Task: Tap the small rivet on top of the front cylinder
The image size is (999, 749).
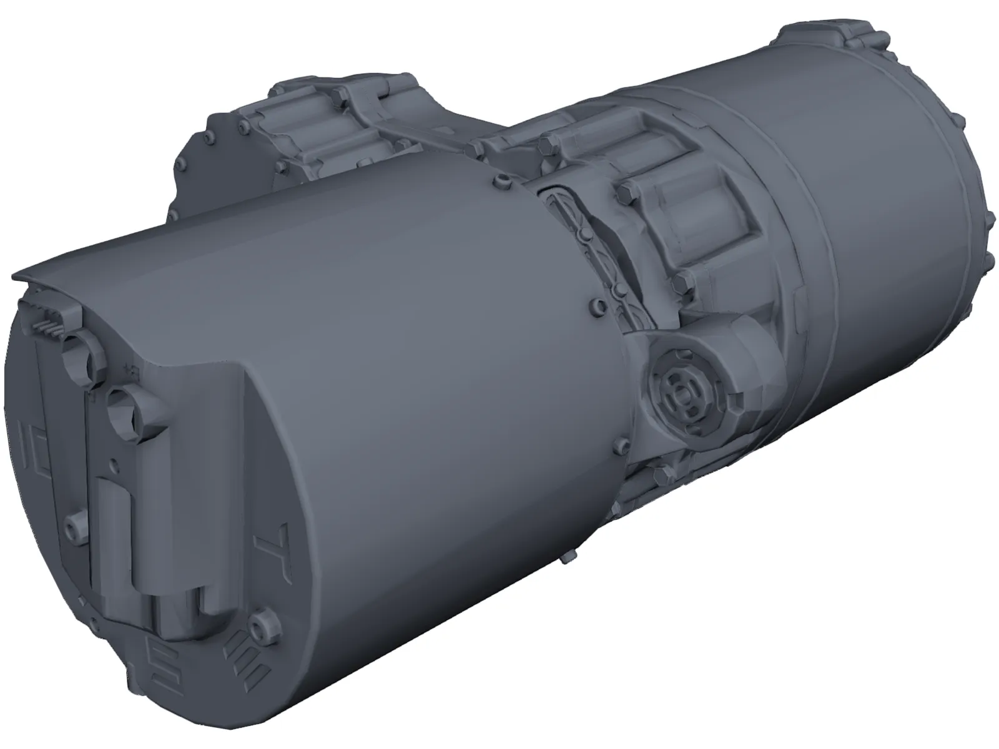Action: [501, 182]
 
